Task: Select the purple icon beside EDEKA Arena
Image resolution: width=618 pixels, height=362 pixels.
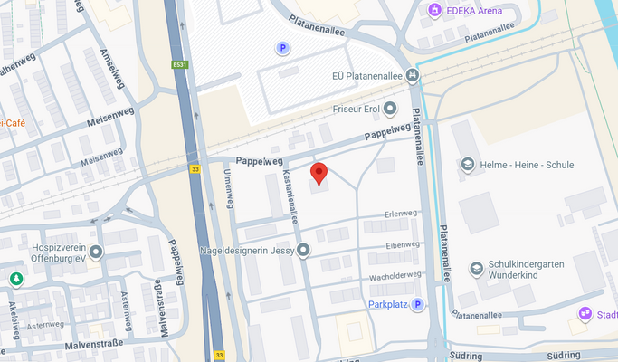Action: (435, 10)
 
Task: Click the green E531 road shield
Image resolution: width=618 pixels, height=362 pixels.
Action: (179, 64)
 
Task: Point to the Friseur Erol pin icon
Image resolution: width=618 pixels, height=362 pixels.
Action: (390, 110)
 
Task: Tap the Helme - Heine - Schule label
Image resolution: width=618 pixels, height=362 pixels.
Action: (529, 165)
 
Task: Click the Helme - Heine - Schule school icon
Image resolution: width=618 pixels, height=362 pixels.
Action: (467, 165)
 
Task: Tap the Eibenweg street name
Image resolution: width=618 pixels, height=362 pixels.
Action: (403, 245)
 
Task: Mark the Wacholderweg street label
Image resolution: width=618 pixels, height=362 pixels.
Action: (395, 275)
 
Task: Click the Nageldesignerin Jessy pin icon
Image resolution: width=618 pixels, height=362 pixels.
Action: (303, 250)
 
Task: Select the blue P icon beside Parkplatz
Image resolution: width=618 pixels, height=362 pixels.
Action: (418, 305)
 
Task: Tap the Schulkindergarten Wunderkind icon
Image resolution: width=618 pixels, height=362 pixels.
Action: (476, 268)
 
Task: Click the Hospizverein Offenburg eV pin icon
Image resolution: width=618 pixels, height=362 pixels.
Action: (96, 251)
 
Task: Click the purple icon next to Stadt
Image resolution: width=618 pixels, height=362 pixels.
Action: (585, 314)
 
